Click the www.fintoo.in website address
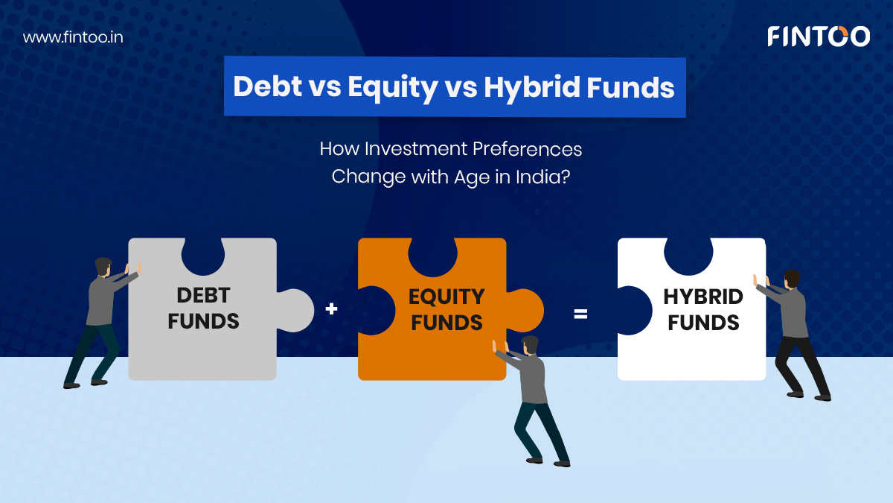pos(73,37)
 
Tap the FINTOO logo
pos(819,37)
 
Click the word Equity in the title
pos(393,87)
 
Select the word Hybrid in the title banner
pos(531,87)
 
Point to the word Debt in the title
pos(267,86)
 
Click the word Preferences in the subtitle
pos(527,149)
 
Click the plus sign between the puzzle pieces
pos(331,309)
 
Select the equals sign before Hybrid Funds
pos(580,314)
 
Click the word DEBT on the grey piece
pos(203,296)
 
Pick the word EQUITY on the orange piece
pos(446,297)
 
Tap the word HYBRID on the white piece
pos(703,297)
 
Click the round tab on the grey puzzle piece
pos(297,310)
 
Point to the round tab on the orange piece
pos(526,310)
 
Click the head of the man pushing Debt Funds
pos(103,266)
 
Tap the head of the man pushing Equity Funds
pos(530,345)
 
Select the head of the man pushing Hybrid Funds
pos(792,279)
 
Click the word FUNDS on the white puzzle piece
pos(703,323)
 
